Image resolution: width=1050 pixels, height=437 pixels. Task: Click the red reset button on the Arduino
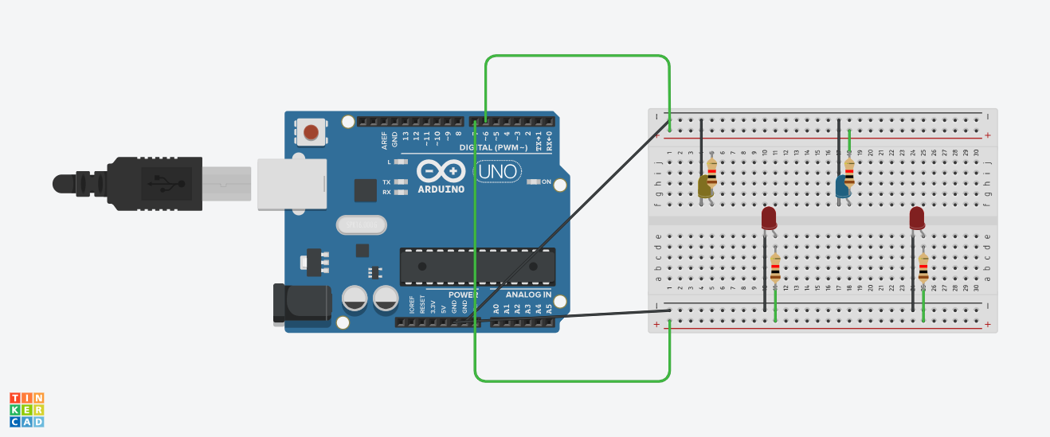point(311,132)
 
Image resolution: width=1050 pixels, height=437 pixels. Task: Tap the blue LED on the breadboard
point(842,187)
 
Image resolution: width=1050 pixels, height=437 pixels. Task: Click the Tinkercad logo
point(27,409)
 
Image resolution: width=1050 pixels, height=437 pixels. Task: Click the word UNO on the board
point(499,171)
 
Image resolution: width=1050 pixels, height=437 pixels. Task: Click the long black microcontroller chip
point(477,266)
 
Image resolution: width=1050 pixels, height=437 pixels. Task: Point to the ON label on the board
point(547,181)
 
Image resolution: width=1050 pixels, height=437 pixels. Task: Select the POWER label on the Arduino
point(462,295)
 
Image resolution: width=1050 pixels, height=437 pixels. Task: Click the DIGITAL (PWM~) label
point(494,148)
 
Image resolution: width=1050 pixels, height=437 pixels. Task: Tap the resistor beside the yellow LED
point(711,170)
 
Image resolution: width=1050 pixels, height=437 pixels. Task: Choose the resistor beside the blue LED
point(849,170)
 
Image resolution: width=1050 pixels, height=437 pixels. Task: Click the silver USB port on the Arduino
point(291,184)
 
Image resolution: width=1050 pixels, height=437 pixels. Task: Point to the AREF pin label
point(384,141)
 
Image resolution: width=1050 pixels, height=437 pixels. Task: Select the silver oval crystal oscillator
point(361,225)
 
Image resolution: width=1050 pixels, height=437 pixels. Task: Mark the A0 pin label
point(496,308)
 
